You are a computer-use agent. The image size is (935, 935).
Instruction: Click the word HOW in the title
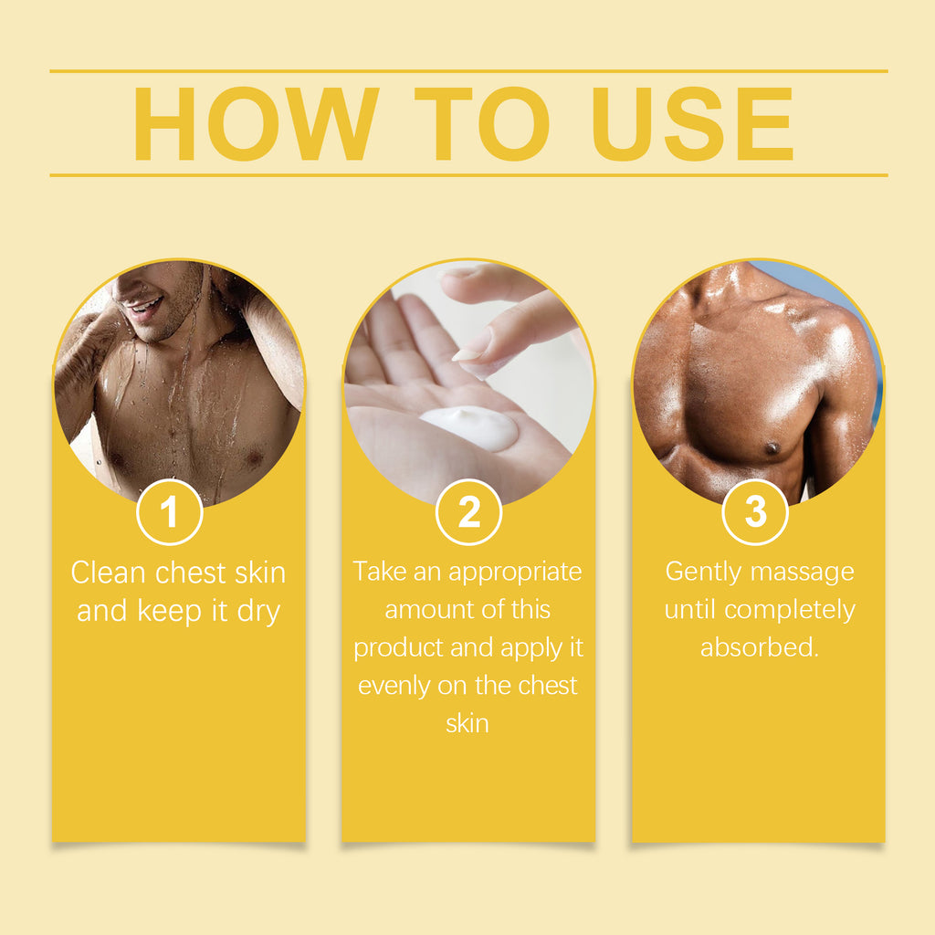[256, 124]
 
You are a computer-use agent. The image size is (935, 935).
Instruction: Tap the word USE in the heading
[692, 124]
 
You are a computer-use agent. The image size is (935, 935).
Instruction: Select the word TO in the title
[482, 124]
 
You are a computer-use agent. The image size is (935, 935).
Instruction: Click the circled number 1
[169, 511]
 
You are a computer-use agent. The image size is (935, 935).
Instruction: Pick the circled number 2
[468, 511]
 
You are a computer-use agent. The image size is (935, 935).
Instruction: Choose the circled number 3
[755, 511]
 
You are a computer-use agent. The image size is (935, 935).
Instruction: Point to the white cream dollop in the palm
[469, 427]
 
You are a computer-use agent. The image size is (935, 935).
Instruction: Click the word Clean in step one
[109, 573]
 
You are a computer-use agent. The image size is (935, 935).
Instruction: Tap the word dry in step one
[258, 612]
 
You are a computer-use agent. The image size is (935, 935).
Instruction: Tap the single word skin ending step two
[467, 724]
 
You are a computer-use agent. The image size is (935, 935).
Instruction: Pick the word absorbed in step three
[760, 647]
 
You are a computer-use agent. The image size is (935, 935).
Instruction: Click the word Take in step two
[379, 572]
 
